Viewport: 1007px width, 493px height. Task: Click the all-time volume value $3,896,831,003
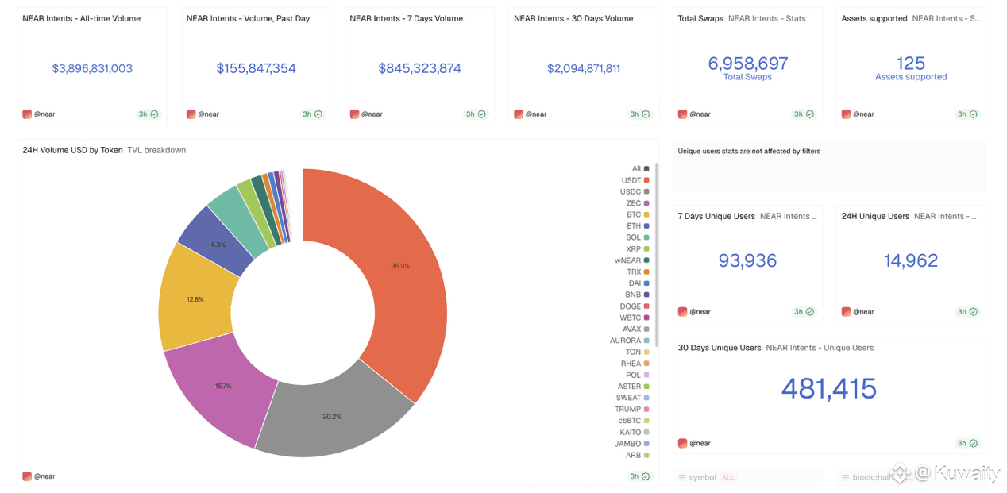(x=92, y=69)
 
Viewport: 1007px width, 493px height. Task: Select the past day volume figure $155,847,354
(x=256, y=69)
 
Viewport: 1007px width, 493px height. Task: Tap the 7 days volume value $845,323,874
(x=419, y=69)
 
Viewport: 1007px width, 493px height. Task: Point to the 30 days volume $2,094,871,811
(x=584, y=69)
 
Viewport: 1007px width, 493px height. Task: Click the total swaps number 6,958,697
(x=747, y=64)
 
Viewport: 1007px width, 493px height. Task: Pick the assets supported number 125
(x=911, y=64)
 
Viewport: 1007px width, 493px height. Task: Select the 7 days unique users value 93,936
(x=747, y=260)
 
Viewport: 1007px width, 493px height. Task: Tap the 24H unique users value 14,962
(x=911, y=260)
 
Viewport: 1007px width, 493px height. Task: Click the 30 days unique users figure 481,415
(x=829, y=388)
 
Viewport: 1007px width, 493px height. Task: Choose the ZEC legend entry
(x=634, y=203)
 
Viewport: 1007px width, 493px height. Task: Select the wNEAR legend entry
(x=628, y=260)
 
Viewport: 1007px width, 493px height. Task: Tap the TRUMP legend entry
(x=628, y=410)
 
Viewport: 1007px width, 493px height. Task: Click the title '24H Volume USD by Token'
(x=72, y=150)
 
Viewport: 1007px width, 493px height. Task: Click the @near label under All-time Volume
(x=44, y=114)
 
